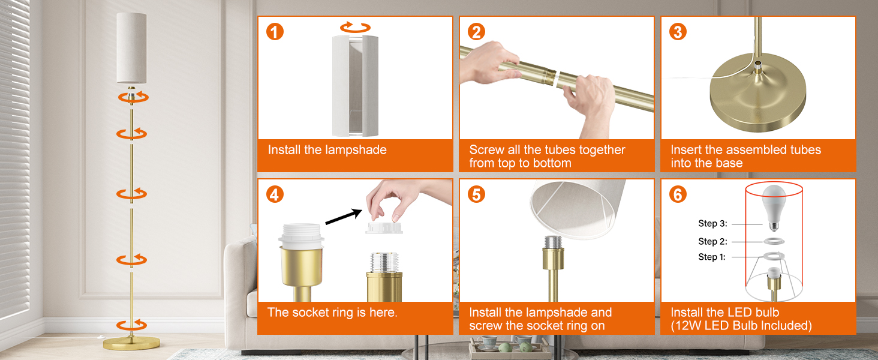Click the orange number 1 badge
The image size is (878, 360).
(x=275, y=32)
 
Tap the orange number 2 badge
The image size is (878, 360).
(x=476, y=32)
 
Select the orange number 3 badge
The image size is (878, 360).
(x=678, y=32)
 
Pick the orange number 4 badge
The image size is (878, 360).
(x=275, y=194)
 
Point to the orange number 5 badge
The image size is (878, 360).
(x=476, y=194)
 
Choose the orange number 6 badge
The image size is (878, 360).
(x=678, y=194)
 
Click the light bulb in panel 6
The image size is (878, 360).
(x=773, y=208)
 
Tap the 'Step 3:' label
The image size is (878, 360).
(x=712, y=224)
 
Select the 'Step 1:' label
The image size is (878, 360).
(x=712, y=257)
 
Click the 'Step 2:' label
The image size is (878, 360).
(x=712, y=241)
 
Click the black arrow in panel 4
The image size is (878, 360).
(x=344, y=217)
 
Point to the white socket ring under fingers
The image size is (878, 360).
(x=384, y=228)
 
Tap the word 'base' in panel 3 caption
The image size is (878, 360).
(x=729, y=163)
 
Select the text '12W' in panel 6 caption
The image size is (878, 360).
(x=687, y=325)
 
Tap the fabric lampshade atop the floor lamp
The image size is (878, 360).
(x=131, y=47)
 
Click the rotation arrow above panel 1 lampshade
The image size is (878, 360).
(x=355, y=27)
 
